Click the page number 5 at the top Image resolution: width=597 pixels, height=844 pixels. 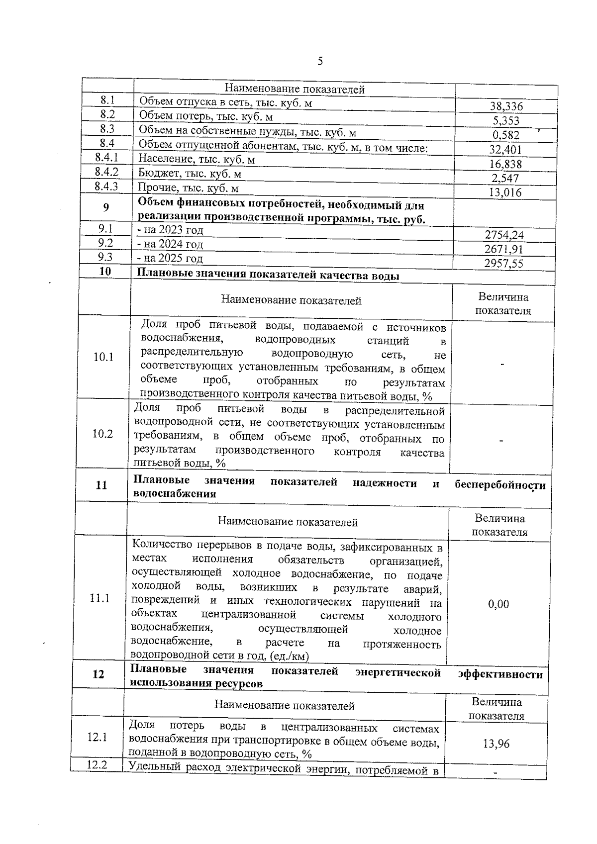320,61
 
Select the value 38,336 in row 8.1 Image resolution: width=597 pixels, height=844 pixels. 506,106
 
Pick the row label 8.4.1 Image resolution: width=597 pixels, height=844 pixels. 106,158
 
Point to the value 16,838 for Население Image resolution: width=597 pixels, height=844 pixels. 505,164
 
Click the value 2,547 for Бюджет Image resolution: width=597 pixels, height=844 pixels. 505,179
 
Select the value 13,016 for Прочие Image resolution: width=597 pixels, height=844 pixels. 505,192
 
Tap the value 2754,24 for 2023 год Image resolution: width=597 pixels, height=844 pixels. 504,235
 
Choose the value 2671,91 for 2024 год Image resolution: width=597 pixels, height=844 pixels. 504,249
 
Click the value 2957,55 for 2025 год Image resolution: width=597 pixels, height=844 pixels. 504,264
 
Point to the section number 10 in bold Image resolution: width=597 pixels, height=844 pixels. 105,272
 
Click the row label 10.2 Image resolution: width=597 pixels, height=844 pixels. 102,434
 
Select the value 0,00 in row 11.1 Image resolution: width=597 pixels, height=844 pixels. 498,604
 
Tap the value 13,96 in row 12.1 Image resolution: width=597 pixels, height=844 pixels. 496,744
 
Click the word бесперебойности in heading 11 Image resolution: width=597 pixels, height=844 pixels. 500,485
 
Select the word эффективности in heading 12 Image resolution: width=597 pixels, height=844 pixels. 500,674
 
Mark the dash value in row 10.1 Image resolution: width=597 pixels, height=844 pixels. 502,365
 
